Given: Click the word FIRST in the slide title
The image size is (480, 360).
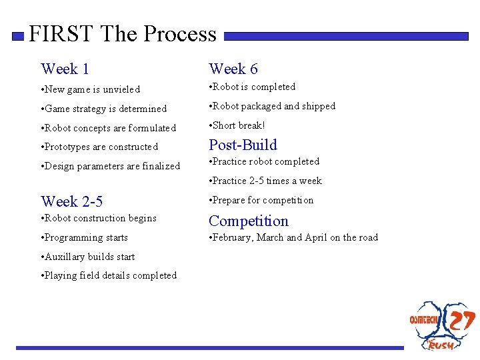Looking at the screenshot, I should tap(62, 34).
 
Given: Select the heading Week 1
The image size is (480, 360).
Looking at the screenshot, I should tap(65, 69).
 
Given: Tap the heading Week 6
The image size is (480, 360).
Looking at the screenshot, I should tap(233, 69).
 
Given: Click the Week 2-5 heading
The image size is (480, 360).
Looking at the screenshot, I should tap(71, 201).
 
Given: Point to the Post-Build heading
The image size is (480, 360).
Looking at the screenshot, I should tap(243, 145).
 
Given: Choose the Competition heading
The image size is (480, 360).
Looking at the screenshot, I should tap(249, 221).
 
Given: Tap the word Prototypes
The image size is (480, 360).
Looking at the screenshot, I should tap(67, 147).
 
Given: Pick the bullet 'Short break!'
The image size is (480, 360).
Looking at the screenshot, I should tap(238, 125).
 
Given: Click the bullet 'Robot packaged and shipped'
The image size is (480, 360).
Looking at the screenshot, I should tap(273, 106).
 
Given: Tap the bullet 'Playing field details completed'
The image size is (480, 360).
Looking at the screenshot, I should tap(110, 275).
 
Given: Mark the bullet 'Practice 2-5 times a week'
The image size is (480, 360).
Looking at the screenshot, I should tap(267, 181).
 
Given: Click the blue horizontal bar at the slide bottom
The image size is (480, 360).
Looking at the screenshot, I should tap(210, 347).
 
